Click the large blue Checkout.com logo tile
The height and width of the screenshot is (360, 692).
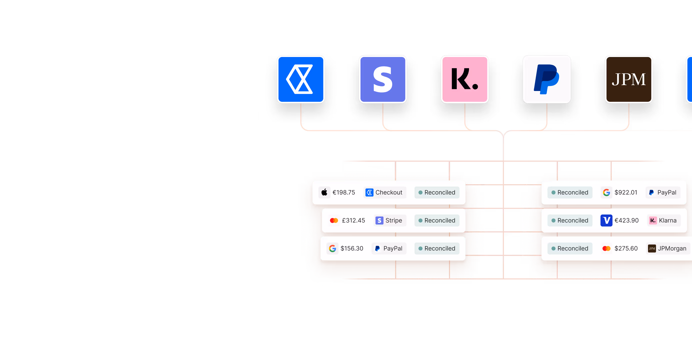[x=301, y=79]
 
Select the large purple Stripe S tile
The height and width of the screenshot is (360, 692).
[x=383, y=79]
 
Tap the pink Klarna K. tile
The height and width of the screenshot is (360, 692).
[x=465, y=79]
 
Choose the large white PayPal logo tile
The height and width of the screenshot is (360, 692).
[x=547, y=79]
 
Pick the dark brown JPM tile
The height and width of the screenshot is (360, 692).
[x=628, y=79]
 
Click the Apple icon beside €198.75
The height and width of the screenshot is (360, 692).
[x=324, y=192]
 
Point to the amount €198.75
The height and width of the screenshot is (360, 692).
[x=343, y=192]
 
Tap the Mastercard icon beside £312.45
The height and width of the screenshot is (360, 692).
[x=334, y=220]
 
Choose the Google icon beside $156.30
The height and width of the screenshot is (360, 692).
[x=332, y=248]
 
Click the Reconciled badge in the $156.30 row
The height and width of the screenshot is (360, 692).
[x=437, y=248]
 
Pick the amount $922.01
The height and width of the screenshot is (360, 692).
[x=626, y=192]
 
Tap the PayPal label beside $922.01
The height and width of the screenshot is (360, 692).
[x=663, y=192]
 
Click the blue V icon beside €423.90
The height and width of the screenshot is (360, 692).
[x=606, y=220]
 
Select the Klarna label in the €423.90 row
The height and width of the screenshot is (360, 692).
[x=663, y=220]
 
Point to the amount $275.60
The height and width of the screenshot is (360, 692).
[x=626, y=248]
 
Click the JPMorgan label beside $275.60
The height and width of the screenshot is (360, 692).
[x=668, y=248]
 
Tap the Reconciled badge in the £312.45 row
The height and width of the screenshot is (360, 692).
[x=437, y=220]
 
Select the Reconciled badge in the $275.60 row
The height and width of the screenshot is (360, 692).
[x=570, y=248]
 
